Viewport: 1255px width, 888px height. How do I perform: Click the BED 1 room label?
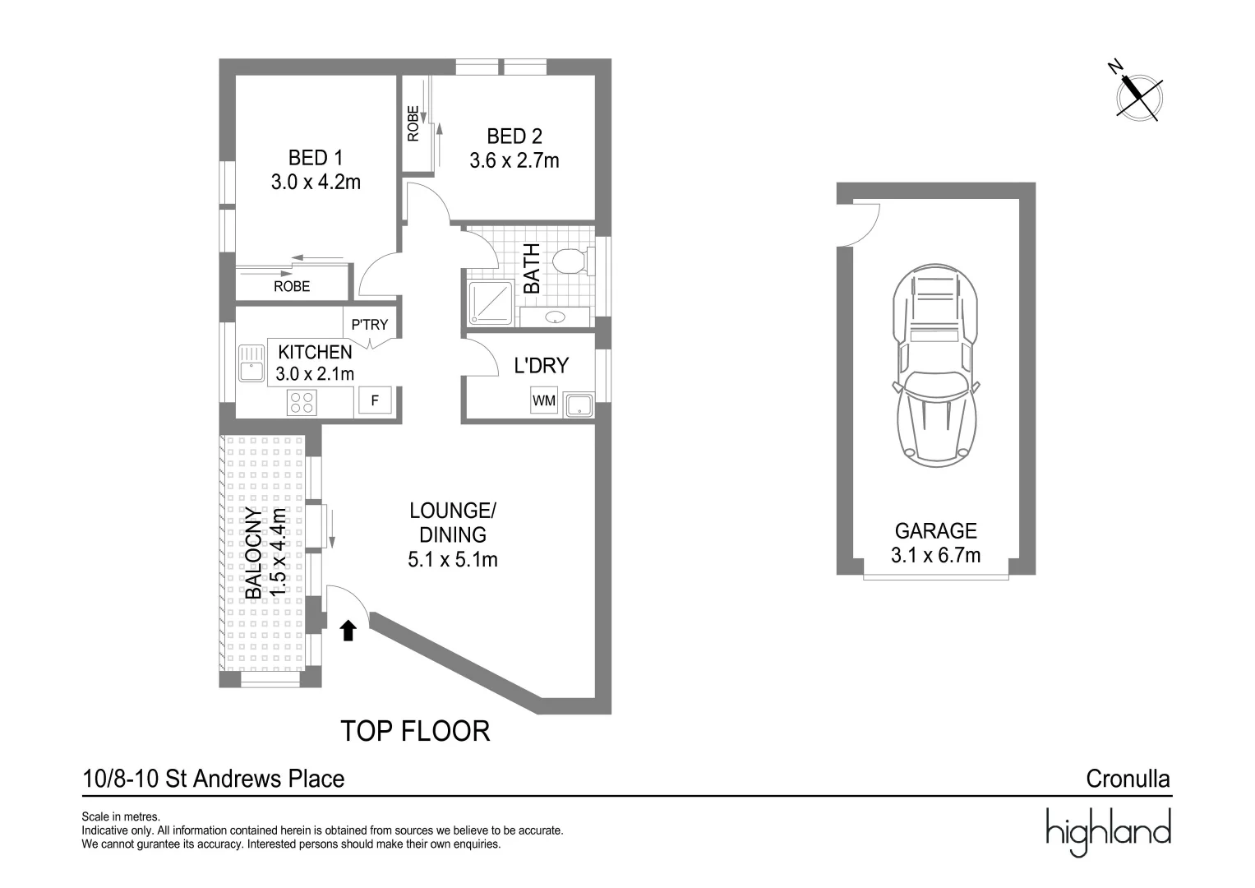[x=316, y=157]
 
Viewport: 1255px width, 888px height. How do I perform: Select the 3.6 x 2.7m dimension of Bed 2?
[x=514, y=160]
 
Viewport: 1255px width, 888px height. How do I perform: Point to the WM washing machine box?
[x=544, y=401]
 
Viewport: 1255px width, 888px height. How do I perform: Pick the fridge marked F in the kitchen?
[x=375, y=401]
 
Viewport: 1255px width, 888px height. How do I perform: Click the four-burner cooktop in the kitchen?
[x=302, y=402]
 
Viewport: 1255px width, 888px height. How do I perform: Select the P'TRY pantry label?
[x=369, y=325]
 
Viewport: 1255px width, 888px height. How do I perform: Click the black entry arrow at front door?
[x=348, y=631]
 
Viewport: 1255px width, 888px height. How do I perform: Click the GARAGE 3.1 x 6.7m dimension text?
[x=935, y=556]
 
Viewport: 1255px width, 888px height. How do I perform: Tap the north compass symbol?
[x=1137, y=93]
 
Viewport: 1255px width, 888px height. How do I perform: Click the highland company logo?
[x=1107, y=830]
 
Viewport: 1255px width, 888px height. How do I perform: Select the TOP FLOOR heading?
[x=415, y=731]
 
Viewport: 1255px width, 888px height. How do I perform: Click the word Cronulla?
[x=1128, y=779]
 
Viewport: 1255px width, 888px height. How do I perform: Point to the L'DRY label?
[x=541, y=366]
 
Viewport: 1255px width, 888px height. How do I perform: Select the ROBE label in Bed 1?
[x=292, y=286]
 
